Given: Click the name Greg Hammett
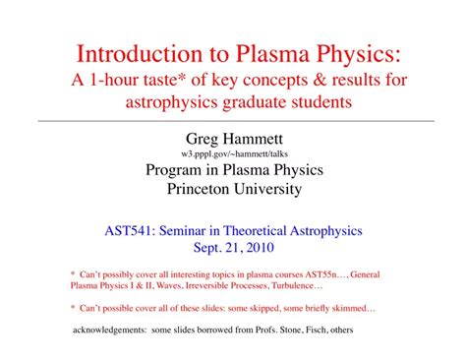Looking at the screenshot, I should pos(233,139).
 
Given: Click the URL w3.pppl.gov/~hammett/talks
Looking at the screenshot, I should pos(233,155).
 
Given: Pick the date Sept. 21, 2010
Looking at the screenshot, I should pos(233,249).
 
